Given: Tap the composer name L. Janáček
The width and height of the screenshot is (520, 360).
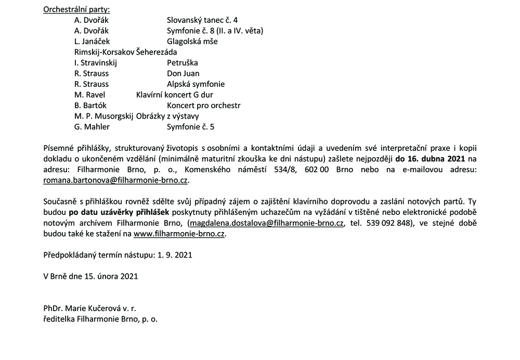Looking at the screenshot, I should pos(92,41).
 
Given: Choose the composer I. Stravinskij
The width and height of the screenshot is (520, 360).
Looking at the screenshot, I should pos(96,62).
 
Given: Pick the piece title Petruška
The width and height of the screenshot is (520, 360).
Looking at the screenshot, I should pos(183,62).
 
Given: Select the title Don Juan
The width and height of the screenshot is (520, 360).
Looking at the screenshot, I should pos(183,73).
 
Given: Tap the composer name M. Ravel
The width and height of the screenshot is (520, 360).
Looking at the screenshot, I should pos(89,95).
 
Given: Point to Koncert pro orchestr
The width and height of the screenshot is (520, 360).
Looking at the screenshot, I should pos(204,105).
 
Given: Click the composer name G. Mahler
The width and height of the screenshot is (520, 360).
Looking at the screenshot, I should pos(92,126).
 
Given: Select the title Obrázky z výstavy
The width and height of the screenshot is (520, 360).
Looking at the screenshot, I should pos(167,116).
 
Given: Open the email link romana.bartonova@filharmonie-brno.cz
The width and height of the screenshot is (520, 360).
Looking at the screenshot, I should pos(116,180).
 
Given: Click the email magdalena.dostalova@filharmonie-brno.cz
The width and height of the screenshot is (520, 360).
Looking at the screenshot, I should pos(266,223).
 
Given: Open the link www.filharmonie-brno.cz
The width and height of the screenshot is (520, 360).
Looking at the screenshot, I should pos(179,234).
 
